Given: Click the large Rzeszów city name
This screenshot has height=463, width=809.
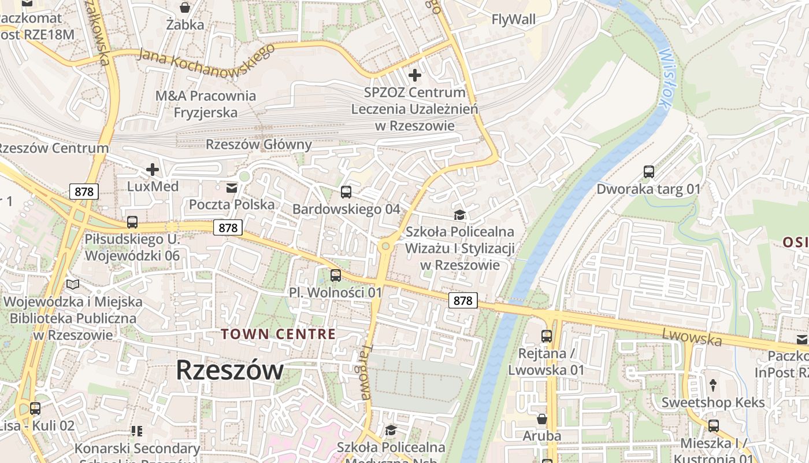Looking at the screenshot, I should (229, 370).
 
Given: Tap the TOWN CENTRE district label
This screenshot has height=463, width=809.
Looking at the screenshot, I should (278, 334).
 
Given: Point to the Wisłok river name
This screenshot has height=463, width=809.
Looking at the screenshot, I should (665, 78).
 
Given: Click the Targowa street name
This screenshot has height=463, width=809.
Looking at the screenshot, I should (365, 373).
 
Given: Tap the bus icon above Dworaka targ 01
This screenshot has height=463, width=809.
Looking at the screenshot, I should (648, 172).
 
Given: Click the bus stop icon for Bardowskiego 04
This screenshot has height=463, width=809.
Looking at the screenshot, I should (346, 192).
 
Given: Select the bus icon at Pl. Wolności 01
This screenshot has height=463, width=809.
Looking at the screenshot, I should (335, 275).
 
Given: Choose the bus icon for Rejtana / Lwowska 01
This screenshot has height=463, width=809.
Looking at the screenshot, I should (546, 336).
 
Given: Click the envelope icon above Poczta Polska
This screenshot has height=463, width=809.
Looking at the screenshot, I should (232, 188).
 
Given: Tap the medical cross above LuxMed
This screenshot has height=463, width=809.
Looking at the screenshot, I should (153, 170).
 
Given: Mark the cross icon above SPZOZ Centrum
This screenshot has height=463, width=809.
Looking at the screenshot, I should (414, 75).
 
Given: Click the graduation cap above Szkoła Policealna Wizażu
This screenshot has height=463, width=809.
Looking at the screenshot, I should (459, 215).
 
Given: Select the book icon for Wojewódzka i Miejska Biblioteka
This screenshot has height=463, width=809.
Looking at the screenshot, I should (72, 285).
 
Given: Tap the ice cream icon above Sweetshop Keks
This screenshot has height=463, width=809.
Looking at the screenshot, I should (712, 385).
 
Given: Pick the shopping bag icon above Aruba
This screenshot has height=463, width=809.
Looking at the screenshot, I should (542, 418).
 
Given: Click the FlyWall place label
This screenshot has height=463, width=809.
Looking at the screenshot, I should (513, 19).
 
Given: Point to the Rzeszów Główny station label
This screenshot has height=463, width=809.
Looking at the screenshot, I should (259, 145).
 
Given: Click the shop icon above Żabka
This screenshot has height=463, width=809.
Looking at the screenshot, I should (185, 8).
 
